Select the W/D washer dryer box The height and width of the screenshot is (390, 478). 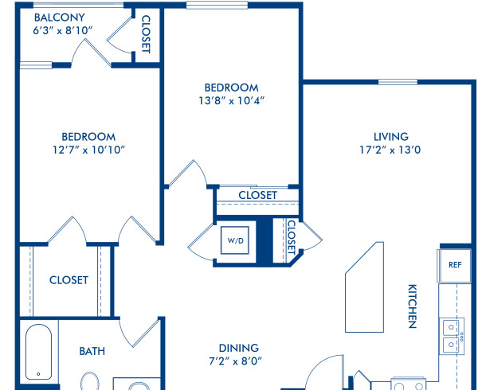[x=236, y=240]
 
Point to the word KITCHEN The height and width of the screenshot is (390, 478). [x=413, y=306]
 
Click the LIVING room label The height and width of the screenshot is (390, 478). [x=390, y=136]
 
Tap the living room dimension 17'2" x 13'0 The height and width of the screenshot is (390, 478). [x=390, y=150]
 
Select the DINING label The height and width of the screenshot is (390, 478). [x=239, y=348]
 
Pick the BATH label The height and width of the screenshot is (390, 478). [x=92, y=350]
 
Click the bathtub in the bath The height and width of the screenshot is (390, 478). [x=38, y=354]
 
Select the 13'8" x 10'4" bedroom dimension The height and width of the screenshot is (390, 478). [x=232, y=101]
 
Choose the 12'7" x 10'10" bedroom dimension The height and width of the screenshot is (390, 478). [x=89, y=150]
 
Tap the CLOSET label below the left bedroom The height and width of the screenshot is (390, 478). [x=69, y=280]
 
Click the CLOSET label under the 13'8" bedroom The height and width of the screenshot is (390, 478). [x=257, y=195]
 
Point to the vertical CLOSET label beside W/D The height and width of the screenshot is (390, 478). [x=291, y=236]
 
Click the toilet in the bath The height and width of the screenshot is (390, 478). [x=88, y=382]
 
